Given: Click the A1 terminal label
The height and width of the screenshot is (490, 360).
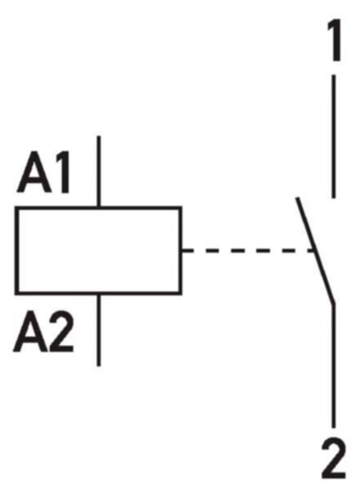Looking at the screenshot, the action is pyautogui.click(x=44, y=172).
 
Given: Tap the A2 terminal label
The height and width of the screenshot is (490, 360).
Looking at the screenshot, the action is pyautogui.click(x=44, y=332).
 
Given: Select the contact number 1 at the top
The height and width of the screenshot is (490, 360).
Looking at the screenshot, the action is pyautogui.click(x=334, y=40).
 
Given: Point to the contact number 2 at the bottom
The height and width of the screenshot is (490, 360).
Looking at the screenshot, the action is pyautogui.click(x=334, y=458).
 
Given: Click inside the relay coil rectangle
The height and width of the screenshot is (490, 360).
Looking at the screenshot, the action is pyautogui.click(x=99, y=251).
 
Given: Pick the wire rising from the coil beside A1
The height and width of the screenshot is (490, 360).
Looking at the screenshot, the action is pyautogui.click(x=99, y=171).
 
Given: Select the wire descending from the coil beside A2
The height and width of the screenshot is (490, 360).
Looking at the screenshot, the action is pyautogui.click(x=99, y=330).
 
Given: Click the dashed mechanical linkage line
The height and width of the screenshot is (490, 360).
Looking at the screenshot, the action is pyautogui.click(x=248, y=251).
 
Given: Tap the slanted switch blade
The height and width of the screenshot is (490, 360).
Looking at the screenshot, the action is pyautogui.click(x=315, y=250).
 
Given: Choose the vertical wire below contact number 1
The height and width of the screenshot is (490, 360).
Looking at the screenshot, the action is pyautogui.click(x=334, y=136).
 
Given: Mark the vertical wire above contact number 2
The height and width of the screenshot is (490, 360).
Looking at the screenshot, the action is pyautogui.click(x=334, y=365).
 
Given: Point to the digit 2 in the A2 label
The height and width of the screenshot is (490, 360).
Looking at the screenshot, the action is pyautogui.click(x=61, y=332).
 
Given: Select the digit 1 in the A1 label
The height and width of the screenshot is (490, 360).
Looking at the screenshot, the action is pyautogui.click(x=63, y=172).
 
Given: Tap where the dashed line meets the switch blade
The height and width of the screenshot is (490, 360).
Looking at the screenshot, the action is pyautogui.click(x=314, y=251).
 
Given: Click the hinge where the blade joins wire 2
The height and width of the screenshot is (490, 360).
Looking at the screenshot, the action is pyautogui.click(x=334, y=303).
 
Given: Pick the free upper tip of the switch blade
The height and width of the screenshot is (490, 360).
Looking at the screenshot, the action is pyautogui.click(x=297, y=198).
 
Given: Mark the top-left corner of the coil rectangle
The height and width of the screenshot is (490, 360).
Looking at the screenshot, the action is pyautogui.click(x=16, y=207).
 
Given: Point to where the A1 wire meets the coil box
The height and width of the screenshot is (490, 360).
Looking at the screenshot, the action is pyautogui.click(x=99, y=207).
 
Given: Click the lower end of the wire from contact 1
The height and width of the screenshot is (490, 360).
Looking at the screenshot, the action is pyautogui.click(x=334, y=198).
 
